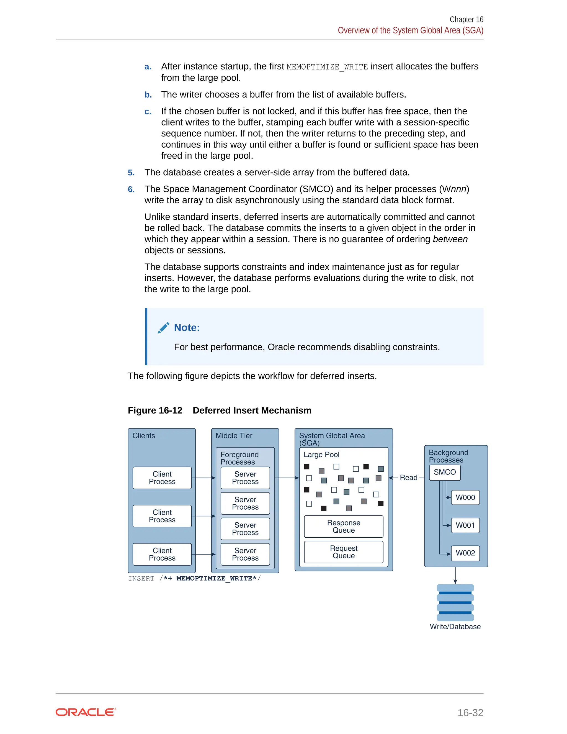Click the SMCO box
pyautogui.click(x=444, y=472)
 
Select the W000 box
pyautogui.click(x=465, y=497)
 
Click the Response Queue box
pyautogui.click(x=344, y=526)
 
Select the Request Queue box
pyautogui.click(x=344, y=552)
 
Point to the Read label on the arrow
pyautogui.click(x=408, y=478)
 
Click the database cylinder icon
pyautogui.click(x=455, y=603)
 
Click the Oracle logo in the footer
pyautogui.click(x=86, y=712)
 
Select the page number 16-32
pyautogui.click(x=470, y=712)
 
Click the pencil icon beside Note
pyautogui.click(x=164, y=328)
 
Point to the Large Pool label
pyautogui.click(x=321, y=455)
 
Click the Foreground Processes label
pyautogui.click(x=239, y=458)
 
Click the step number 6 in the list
pyautogui.click(x=131, y=189)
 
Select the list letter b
pyautogui.click(x=148, y=95)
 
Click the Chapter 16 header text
pyautogui.click(x=466, y=19)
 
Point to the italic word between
pyautogui.click(x=450, y=239)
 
